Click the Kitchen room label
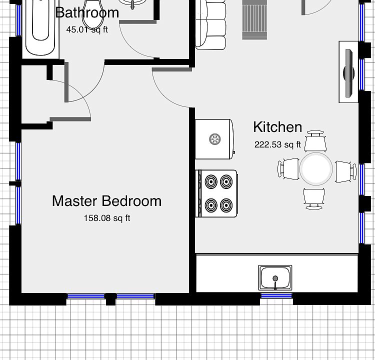pyautogui.click(x=277, y=127)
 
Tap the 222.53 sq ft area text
pyautogui.click(x=277, y=145)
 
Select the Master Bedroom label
pyautogui.click(x=106, y=201)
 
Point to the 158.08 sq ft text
pyautogui.click(x=106, y=218)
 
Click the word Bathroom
pyautogui.click(x=87, y=12)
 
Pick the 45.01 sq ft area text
pyautogui.click(x=87, y=29)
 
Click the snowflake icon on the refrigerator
pyautogui.click(x=214, y=139)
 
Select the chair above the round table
pyautogui.click(x=316, y=141)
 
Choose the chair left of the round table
pyautogui.click(x=289, y=168)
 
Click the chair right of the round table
pyautogui.click(x=344, y=170)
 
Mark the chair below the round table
pyautogui.click(x=314, y=197)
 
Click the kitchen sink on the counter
pyautogui.click(x=275, y=277)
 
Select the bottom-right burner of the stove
pyautogui.click(x=226, y=204)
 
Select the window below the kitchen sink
pyautogui.click(x=276, y=296)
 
